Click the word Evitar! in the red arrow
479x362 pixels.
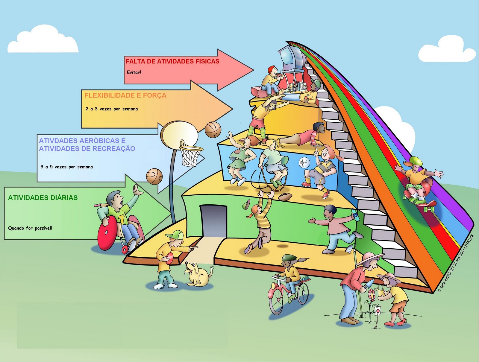pos(134,72)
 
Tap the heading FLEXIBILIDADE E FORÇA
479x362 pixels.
pos(125,95)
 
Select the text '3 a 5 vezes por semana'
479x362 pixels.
pos(67,167)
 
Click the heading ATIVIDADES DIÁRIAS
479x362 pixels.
pos(43,198)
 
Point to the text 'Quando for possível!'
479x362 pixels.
pos(30,228)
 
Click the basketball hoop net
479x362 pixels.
pos(191,156)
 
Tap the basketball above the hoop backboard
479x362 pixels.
pos(213,129)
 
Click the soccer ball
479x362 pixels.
pos(304,163)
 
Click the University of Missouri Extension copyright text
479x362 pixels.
pos(456,264)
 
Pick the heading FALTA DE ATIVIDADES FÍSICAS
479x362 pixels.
pos(172,61)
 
